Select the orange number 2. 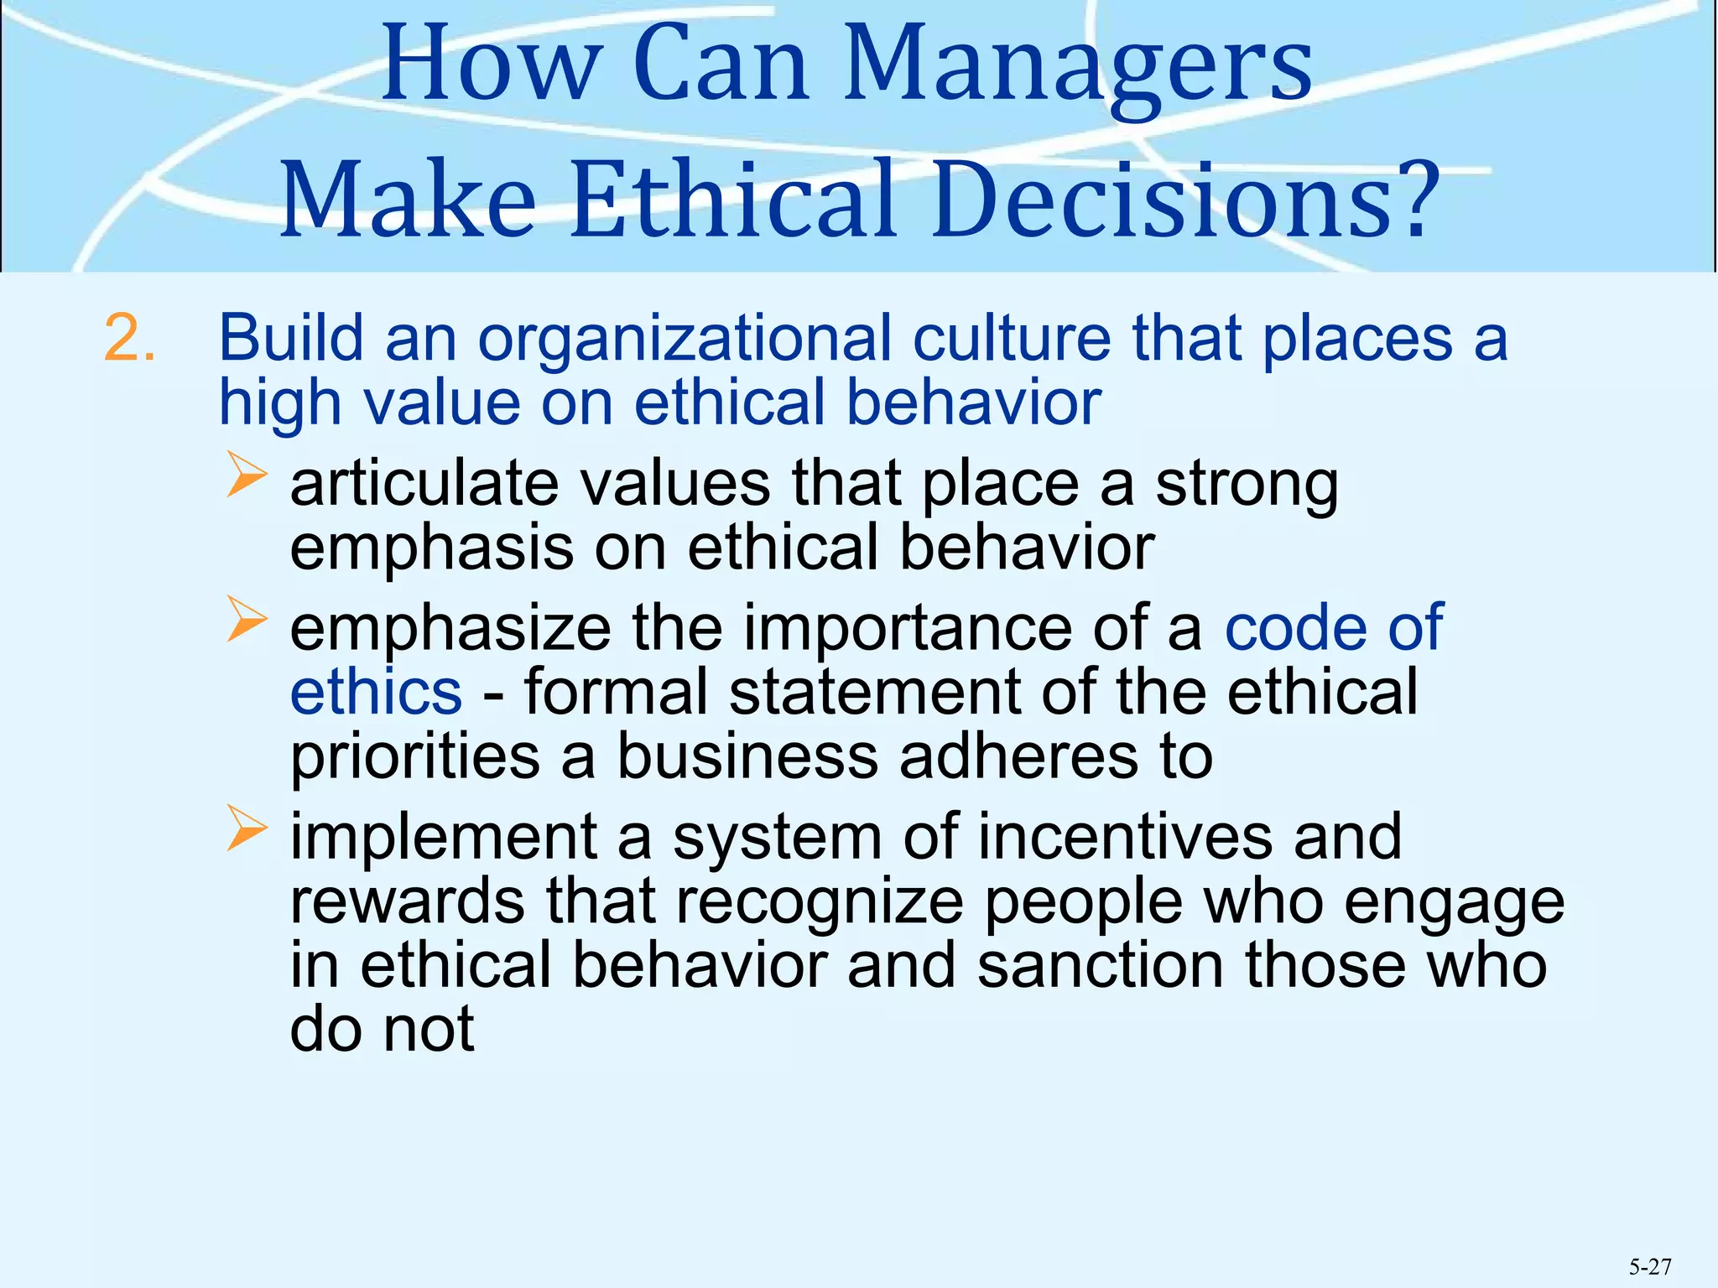point(130,340)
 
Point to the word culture point(1012,338)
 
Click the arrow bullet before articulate point(246,475)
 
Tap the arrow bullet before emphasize point(246,621)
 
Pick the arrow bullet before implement point(246,829)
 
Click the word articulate point(424,484)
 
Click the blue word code point(1295,628)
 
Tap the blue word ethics point(376,692)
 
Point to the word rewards point(408,902)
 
